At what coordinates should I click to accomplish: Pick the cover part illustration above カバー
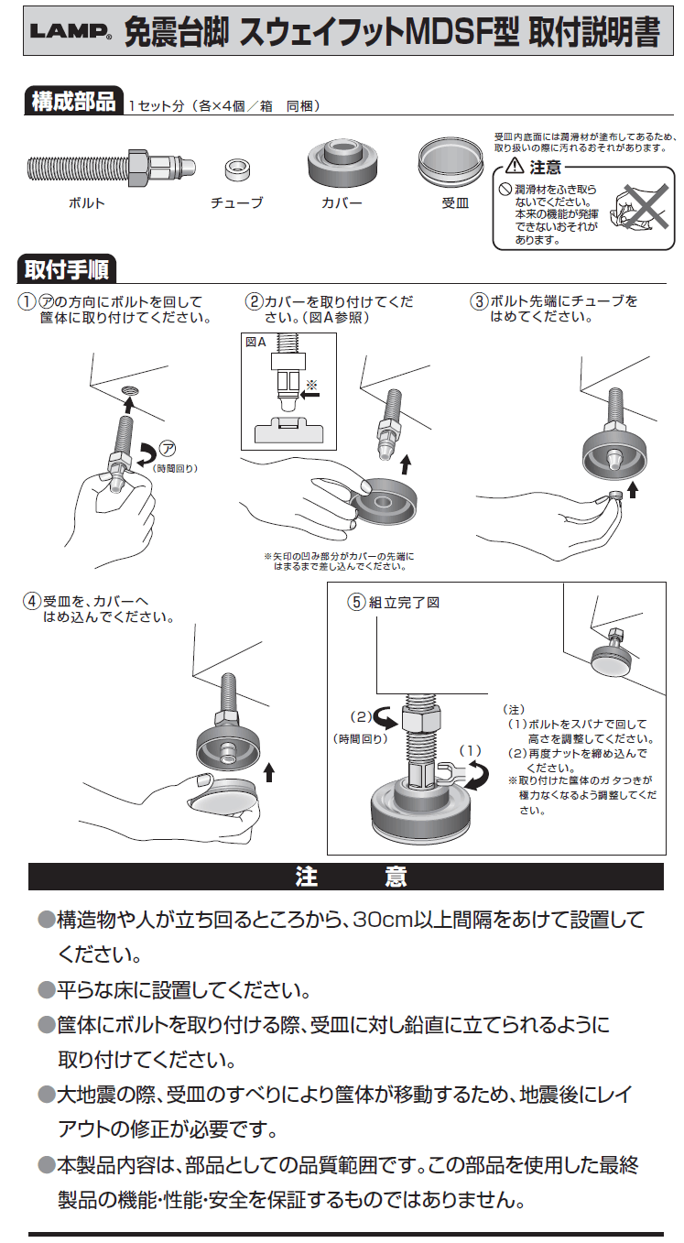coord(342,163)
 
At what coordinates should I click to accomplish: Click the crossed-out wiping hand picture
coord(640,207)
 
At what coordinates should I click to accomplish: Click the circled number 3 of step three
coord(478,301)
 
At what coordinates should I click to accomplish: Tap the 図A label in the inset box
coord(256,343)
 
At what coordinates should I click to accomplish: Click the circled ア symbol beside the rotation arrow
coord(167,448)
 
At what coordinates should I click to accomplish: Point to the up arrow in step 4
coord(269,770)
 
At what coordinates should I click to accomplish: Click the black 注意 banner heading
coord(346,877)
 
